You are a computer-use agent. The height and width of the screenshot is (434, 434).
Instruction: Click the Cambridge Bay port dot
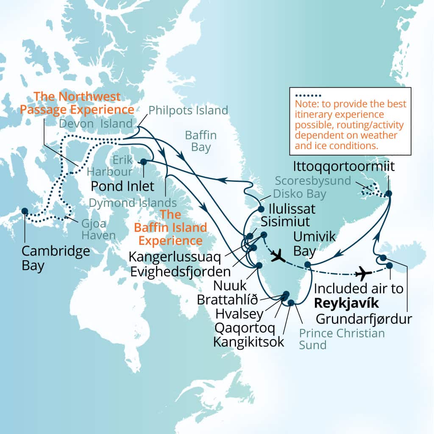25,211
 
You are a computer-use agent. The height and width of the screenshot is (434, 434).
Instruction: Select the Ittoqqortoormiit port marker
388,194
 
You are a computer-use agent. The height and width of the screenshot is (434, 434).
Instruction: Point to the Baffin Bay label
200,141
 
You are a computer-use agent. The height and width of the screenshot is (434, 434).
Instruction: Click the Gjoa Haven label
93,229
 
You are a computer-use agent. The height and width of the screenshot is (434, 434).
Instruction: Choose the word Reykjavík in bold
345,303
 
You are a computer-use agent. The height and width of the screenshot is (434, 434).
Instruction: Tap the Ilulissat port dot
261,209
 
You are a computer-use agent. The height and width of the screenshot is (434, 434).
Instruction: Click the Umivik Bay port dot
308,265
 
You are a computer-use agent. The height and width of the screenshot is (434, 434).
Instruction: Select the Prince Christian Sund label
342,339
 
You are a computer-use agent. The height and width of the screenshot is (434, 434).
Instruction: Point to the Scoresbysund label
313,181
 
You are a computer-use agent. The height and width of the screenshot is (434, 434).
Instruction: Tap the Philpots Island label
188,111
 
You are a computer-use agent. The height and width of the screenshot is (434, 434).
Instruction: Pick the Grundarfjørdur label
364,318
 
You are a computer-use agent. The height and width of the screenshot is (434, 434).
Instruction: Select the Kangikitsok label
249,342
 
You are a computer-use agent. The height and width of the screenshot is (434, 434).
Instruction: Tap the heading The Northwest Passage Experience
77,103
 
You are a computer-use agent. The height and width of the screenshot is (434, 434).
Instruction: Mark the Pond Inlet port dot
143,161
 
